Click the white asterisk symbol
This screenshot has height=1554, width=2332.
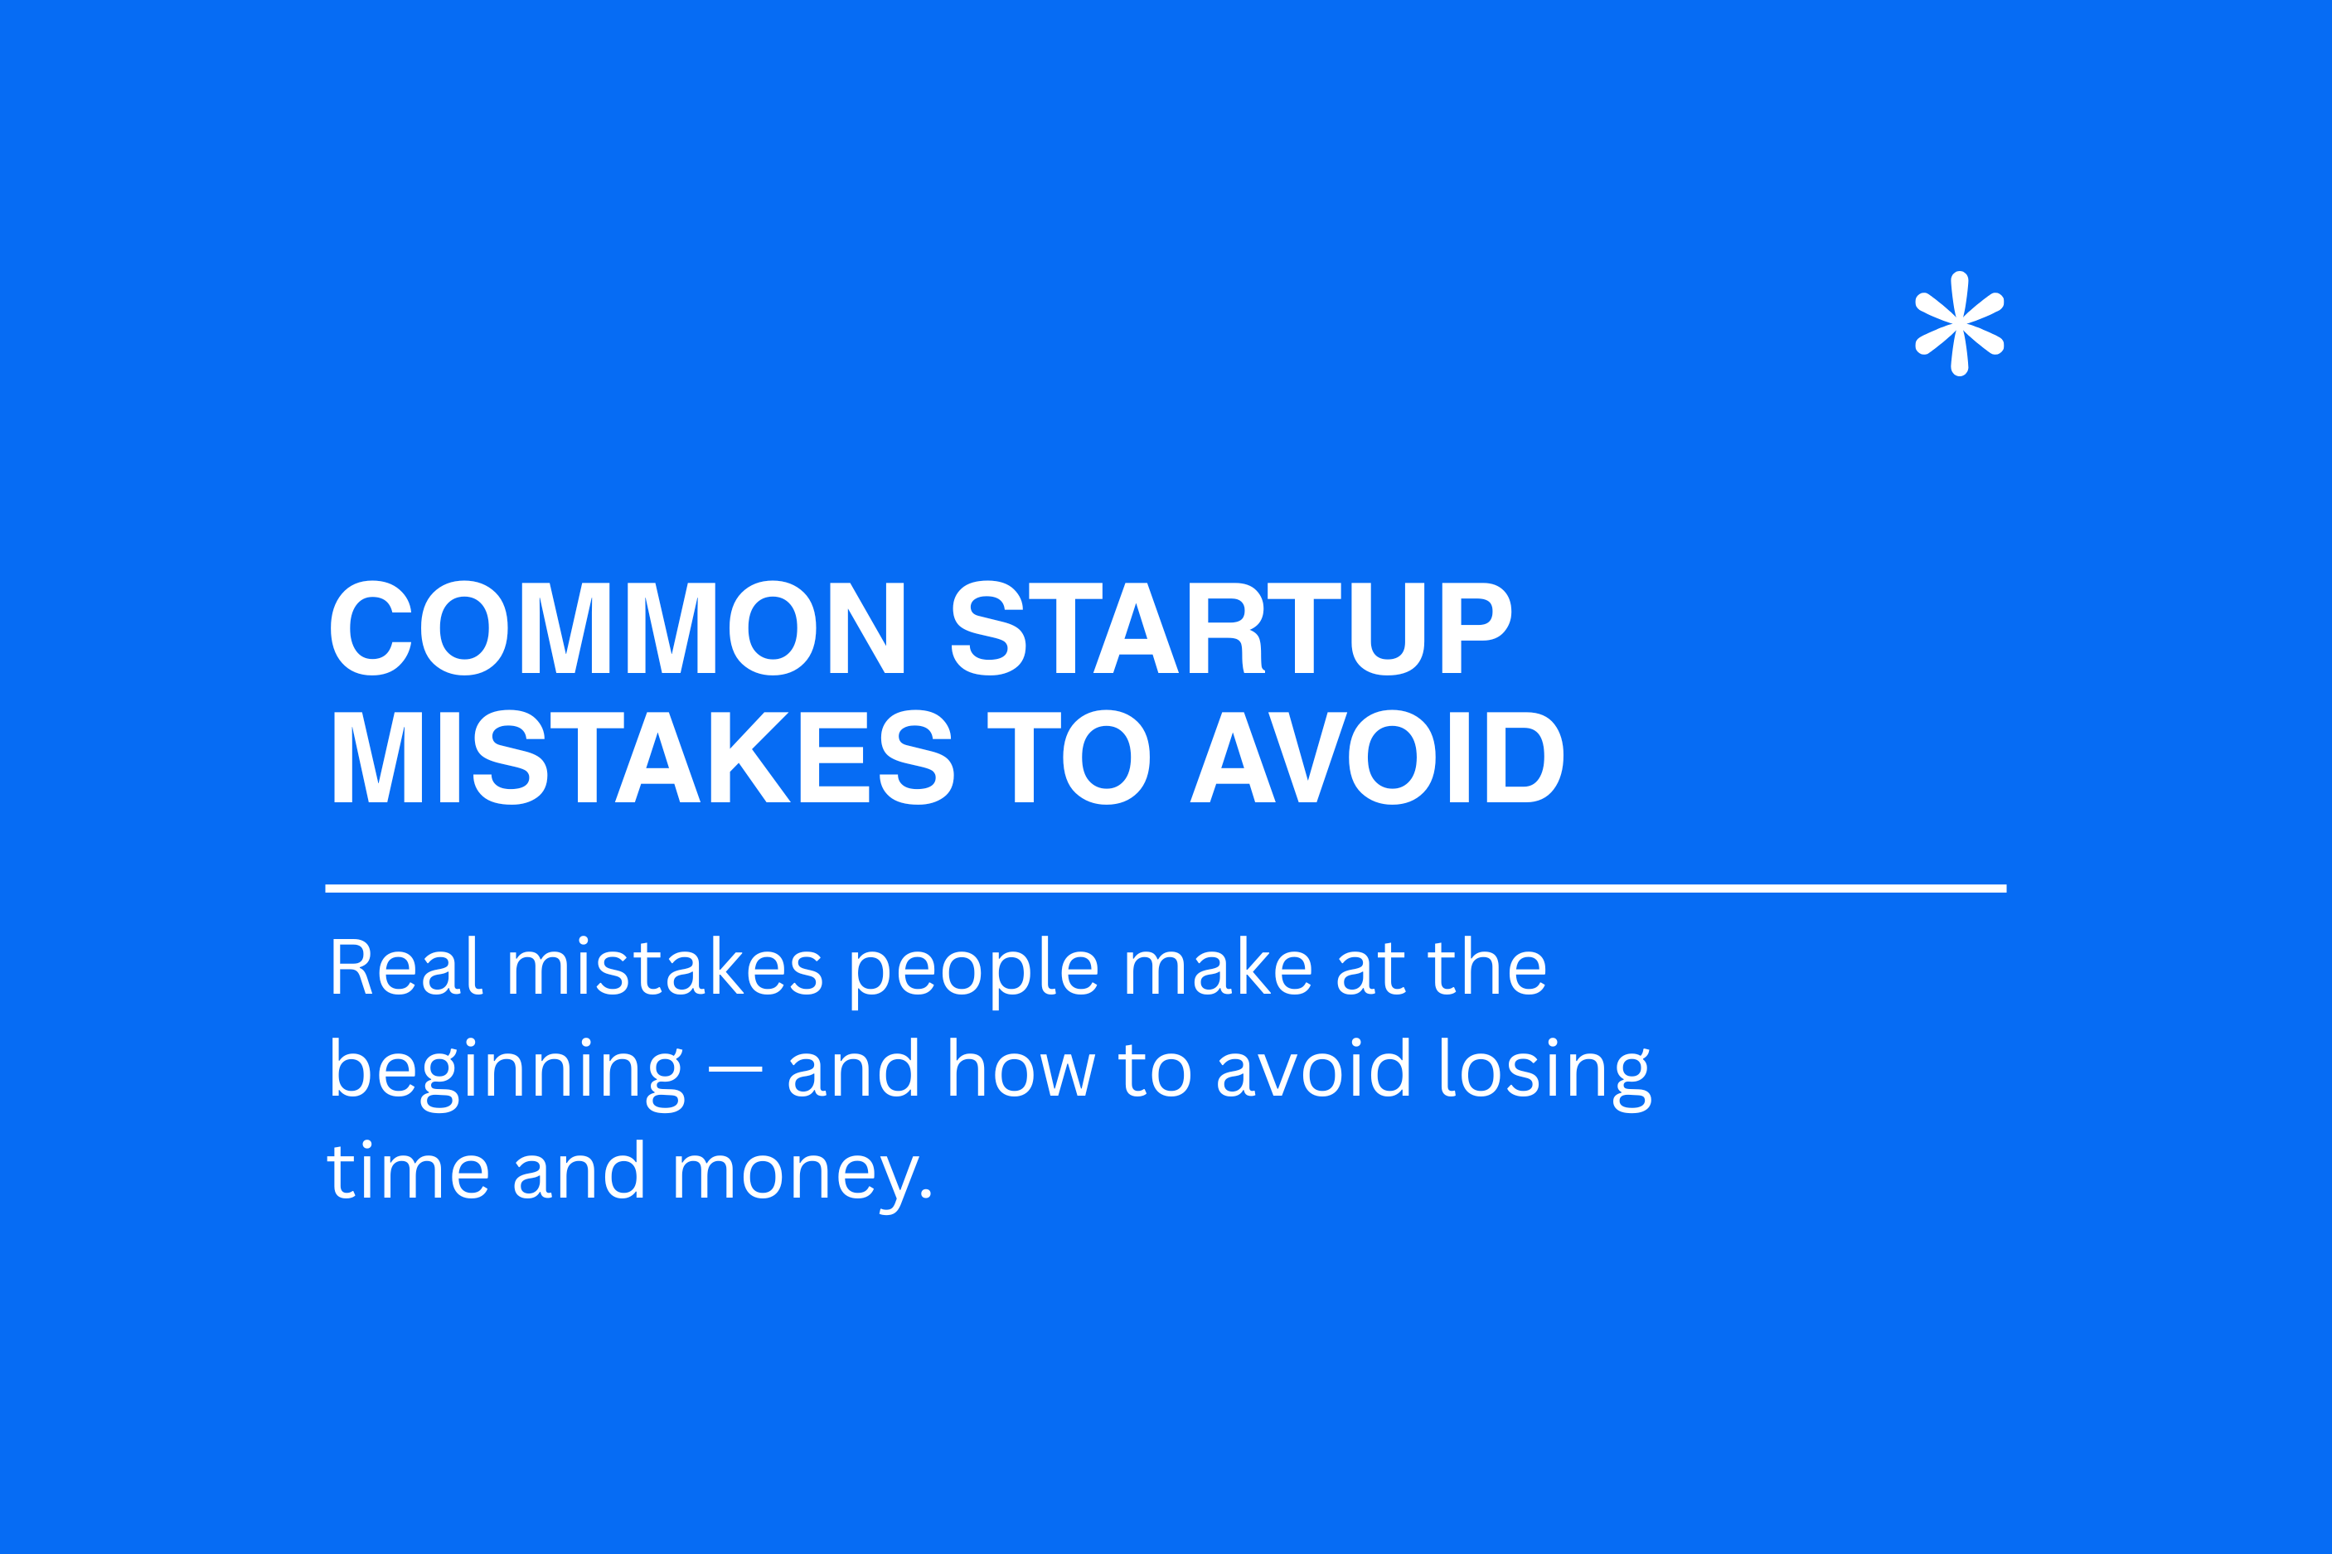[x=1959, y=324]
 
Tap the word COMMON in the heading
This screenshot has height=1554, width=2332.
[x=618, y=627]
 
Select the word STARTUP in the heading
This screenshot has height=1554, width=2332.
[x=1231, y=627]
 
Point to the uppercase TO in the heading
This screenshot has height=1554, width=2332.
[x=1069, y=758]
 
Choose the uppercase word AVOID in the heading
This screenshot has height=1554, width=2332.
[x=1377, y=758]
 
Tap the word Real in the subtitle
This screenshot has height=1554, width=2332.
[x=406, y=966]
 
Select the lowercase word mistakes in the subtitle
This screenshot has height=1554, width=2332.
[x=665, y=966]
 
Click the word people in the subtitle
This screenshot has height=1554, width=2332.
[x=974, y=972]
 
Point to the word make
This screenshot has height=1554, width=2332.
[x=1218, y=966]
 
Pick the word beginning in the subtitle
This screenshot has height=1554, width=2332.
[x=507, y=1075]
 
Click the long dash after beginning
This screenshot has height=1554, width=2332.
[x=735, y=1070]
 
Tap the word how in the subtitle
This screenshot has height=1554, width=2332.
[x=1021, y=1067]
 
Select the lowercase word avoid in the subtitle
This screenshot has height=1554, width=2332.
[x=1313, y=1067]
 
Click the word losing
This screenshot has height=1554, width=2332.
[x=1546, y=1075]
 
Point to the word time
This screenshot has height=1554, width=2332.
[x=409, y=1169]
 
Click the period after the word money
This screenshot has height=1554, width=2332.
[x=927, y=1194]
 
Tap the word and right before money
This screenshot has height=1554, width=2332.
[x=579, y=1169]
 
